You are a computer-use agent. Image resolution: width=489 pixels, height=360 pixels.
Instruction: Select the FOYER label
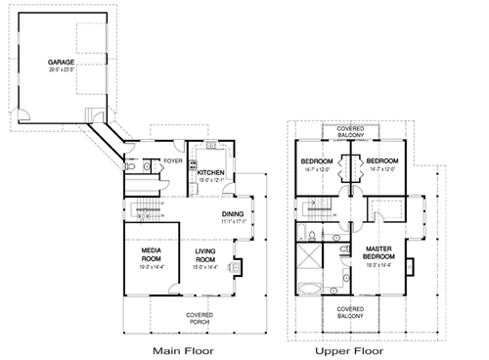(173, 160)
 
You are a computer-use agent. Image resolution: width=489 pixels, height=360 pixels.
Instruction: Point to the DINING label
(232, 213)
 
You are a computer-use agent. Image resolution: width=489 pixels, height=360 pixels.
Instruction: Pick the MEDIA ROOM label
(151, 254)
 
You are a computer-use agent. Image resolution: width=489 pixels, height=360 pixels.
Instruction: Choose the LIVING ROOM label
(204, 254)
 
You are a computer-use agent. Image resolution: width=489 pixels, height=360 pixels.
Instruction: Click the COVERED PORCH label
(200, 318)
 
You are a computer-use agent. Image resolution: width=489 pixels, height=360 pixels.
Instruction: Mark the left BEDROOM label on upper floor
(317, 160)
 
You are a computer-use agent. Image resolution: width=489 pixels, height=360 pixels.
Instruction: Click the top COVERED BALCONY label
(350, 132)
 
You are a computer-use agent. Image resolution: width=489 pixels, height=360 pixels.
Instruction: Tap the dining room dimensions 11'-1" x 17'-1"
(232, 221)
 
